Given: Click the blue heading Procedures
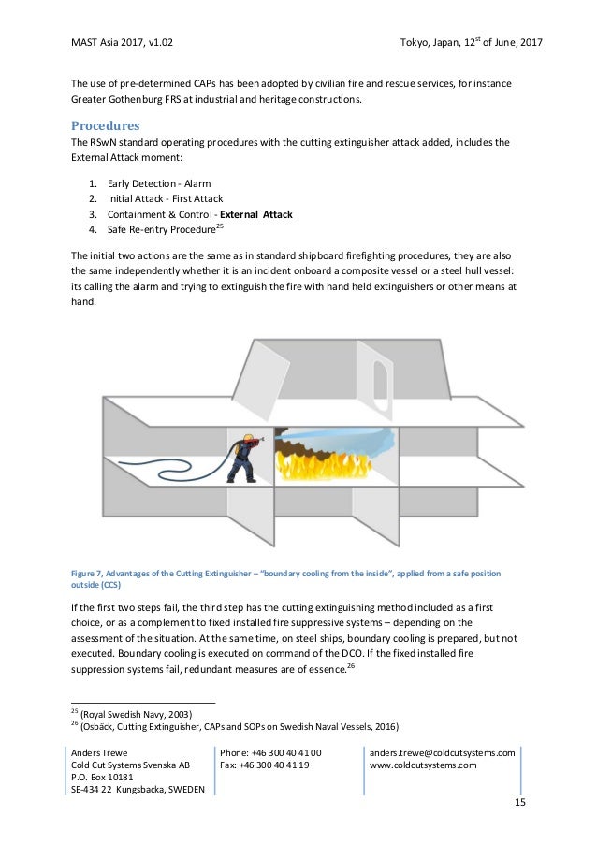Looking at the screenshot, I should point(106,125).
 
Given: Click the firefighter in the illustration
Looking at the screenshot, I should point(246,457).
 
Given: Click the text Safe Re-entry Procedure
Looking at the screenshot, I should point(161,230).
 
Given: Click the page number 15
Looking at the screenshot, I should point(520,804).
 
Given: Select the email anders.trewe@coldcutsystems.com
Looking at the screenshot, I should point(443,752).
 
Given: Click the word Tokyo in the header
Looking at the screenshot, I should point(415,43).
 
